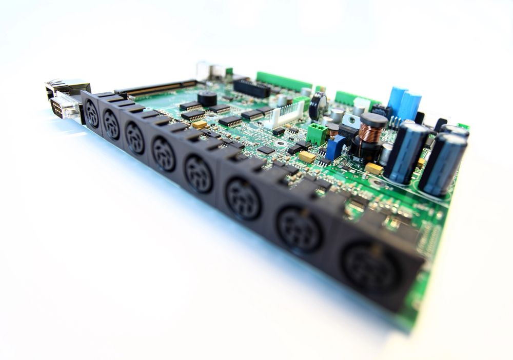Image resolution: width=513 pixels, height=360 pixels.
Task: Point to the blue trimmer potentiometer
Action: pos(336,148)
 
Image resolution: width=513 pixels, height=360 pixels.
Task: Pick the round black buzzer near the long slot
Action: pos(207,97)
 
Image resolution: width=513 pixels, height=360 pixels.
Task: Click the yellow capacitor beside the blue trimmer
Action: pos(307,157)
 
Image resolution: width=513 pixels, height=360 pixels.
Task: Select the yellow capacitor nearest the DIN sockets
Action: pos(200,125)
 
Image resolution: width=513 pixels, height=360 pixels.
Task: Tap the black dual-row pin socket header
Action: pos(251,89)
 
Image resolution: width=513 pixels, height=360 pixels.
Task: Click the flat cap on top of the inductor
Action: pos(373,119)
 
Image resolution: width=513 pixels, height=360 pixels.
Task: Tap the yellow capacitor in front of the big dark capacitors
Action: pos(374,168)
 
